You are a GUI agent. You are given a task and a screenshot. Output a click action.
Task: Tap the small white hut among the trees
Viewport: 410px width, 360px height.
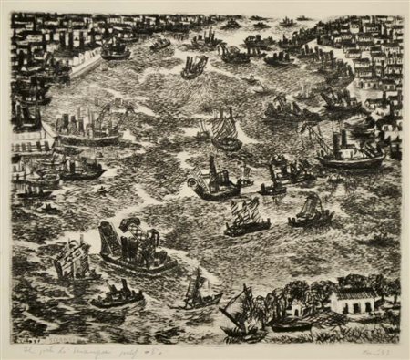[x=298, y=306]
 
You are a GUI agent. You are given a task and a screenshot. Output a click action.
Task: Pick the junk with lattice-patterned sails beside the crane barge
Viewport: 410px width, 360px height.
[x=71, y=259]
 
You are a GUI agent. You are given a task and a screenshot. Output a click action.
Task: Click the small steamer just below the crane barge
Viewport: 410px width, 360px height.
[x=117, y=295]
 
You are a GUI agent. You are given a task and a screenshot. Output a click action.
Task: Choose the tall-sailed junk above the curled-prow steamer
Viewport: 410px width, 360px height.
[x=223, y=129]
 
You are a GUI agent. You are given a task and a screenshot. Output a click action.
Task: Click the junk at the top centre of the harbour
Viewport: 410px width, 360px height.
[x=194, y=65]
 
